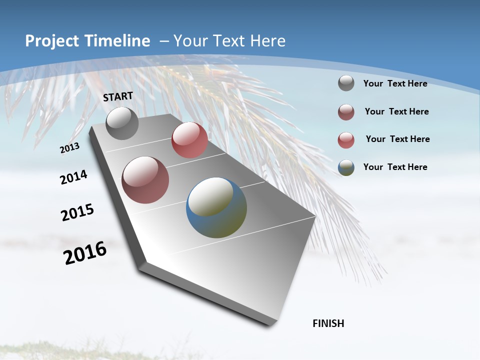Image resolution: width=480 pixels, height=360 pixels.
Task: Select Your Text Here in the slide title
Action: [229, 41]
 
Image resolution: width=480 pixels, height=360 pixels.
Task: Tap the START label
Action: [118, 96]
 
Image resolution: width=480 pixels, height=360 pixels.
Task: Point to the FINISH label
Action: [328, 323]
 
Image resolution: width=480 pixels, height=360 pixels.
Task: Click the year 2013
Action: [69, 148]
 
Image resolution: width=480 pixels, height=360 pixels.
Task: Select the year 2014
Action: [73, 177]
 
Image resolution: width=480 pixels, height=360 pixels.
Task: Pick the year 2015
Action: [77, 212]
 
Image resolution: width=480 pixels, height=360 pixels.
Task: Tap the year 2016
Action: [85, 252]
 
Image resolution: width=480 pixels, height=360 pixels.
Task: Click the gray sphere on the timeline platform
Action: [122, 123]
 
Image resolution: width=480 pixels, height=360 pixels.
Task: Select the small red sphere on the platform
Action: [189, 140]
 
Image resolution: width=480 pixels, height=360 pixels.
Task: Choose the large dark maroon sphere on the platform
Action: [145, 180]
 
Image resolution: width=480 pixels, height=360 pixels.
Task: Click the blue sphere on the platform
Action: [216, 207]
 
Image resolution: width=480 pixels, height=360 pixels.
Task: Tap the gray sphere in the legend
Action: [346, 83]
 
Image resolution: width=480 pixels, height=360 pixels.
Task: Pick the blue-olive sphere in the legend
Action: [346, 167]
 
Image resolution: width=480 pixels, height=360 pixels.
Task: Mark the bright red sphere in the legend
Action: [346, 140]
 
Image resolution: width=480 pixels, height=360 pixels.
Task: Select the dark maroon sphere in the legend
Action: [346, 112]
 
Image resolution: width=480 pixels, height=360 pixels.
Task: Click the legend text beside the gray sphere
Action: [395, 83]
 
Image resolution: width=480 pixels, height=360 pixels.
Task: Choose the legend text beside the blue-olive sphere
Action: [395, 167]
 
